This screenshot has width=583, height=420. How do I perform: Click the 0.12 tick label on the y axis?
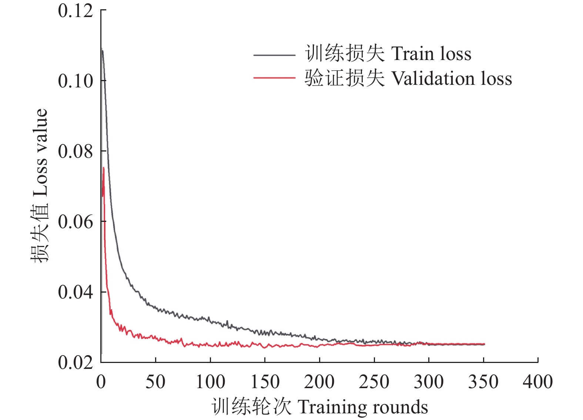tap(76, 11)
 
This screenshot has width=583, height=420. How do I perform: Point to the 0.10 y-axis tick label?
tap(76, 81)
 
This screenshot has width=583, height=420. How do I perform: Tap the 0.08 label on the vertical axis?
tap(76, 151)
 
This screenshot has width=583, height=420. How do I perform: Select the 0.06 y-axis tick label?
tap(76, 221)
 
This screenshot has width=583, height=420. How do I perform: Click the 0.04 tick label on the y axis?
tap(76, 292)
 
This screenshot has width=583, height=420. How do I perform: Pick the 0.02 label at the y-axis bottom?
tap(76, 362)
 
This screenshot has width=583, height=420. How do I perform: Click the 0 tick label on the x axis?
tap(101, 382)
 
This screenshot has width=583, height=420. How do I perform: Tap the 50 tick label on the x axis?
tap(155, 382)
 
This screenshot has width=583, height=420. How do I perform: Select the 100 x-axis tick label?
tap(210, 382)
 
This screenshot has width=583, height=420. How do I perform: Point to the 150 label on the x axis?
tap(265, 382)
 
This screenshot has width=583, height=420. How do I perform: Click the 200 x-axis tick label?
tap(319, 382)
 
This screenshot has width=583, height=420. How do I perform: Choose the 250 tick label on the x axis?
tap(374, 382)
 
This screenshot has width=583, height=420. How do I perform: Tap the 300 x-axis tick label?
tap(429, 382)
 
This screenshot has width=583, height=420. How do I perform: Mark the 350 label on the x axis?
tap(483, 382)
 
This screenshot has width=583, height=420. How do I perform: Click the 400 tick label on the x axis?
tap(538, 382)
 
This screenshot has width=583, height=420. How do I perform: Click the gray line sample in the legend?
tap(274, 55)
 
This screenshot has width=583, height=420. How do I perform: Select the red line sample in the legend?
tap(274, 78)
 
